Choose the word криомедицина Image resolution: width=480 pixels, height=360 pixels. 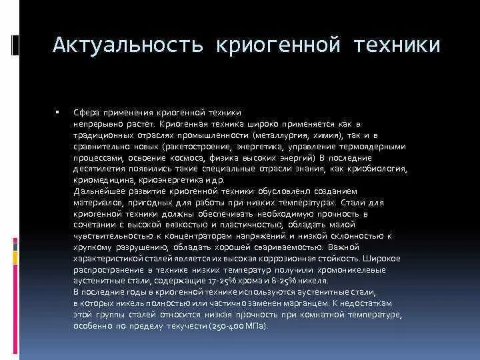[105, 180]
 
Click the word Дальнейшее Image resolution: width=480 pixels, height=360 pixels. [99, 191]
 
